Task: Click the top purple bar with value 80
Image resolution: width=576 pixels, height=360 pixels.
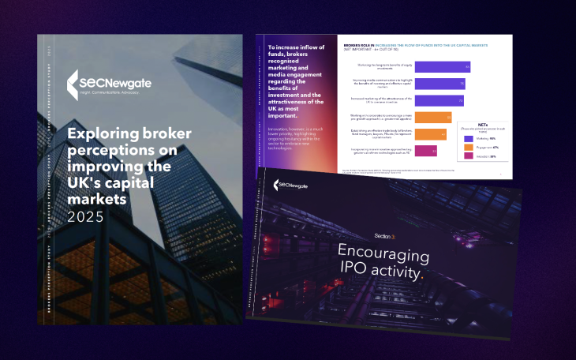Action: coord(443,66)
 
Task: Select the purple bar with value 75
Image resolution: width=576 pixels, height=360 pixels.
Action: coord(439,84)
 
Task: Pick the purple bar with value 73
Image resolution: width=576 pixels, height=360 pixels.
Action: coord(439,101)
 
